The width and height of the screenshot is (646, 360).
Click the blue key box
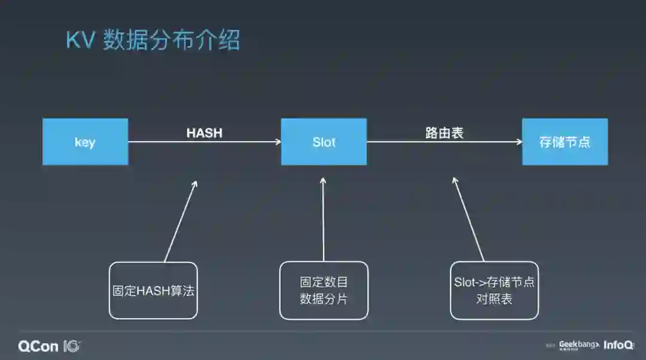pyautogui.click(x=85, y=142)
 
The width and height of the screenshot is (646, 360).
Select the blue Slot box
pyautogui.click(x=324, y=142)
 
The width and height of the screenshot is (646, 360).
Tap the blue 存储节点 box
pyautogui.click(x=565, y=142)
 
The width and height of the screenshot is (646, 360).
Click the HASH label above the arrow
pyautogui.click(x=204, y=133)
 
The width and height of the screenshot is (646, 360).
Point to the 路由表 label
pyautogui.click(x=444, y=133)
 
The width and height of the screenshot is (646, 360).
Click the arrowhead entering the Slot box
pyautogui.click(x=278, y=142)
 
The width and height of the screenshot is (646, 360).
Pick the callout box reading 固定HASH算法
pyautogui.click(x=153, y=290)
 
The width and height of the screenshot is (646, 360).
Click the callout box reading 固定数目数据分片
pyautogui.click(x=324, y=290)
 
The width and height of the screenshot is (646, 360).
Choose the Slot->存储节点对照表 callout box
pyautogui.click(x=494, y=290)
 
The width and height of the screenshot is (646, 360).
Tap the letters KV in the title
pyautogui.click(x=80, y=41)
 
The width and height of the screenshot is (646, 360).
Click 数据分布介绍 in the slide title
pyautogui.click(x=171, y=41)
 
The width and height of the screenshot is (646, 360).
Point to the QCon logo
pyautogui.click(x=49, y=346)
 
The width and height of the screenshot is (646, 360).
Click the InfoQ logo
pyautogui.click(x=618, y=345)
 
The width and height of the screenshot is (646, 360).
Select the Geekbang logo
pyautogui.click(x=578, y=345)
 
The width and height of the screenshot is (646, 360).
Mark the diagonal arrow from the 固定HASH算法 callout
pyautogui.click(x=180, y=221)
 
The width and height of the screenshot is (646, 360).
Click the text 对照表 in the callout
pyautogui.click(x=494, y=298)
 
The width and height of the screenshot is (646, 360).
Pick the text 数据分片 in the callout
pyautogui.click(x=324, y=298)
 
